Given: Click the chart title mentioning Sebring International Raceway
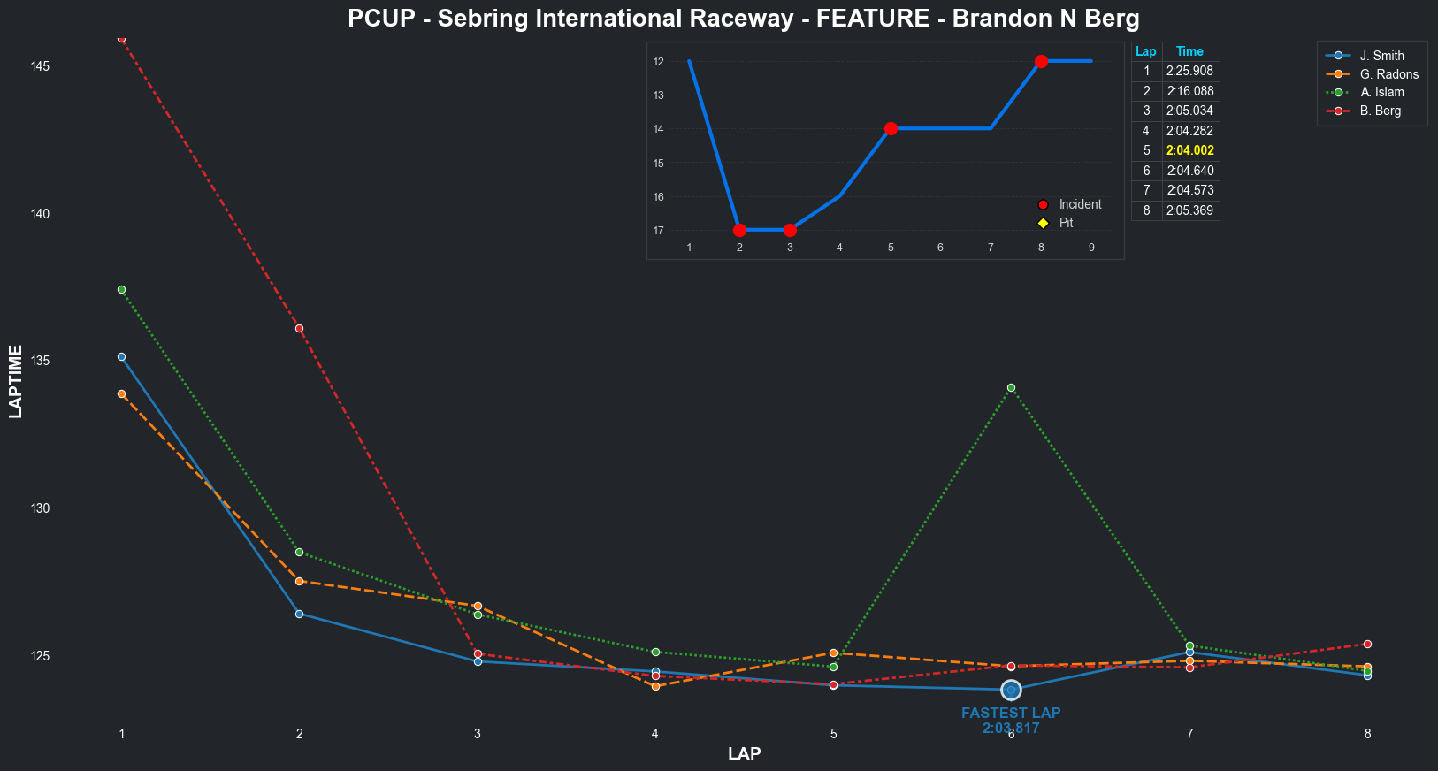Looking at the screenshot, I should (x=743, y=19).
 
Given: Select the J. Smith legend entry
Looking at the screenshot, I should (x=1381, y=56).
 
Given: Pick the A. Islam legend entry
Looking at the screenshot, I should (x=1381, y=92).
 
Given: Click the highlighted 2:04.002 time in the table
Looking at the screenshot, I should (x=1189, y=150).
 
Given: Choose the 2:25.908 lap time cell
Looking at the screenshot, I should (x=1189, y=71).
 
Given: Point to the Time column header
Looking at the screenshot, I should (x=1189, y=51).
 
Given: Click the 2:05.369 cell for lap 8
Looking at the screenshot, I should (x=1189, y=210).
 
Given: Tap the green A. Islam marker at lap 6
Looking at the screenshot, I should (x=1011, y=387).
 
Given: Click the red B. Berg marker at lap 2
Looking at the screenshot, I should (x=299, y=328).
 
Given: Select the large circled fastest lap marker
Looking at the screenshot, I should (x=1011, y=690).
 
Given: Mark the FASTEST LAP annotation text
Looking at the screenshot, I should (x=1011, y=713).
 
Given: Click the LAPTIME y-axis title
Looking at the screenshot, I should (x=15, y=381).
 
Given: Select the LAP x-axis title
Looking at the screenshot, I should (x=744, y=753).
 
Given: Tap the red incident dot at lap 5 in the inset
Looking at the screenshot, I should (x=891, y=128).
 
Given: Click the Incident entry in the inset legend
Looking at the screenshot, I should (x=1079, y=204).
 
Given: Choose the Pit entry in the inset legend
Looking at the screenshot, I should (x=1065, y=223).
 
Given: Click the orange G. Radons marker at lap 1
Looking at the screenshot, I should (x=121, y=393).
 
